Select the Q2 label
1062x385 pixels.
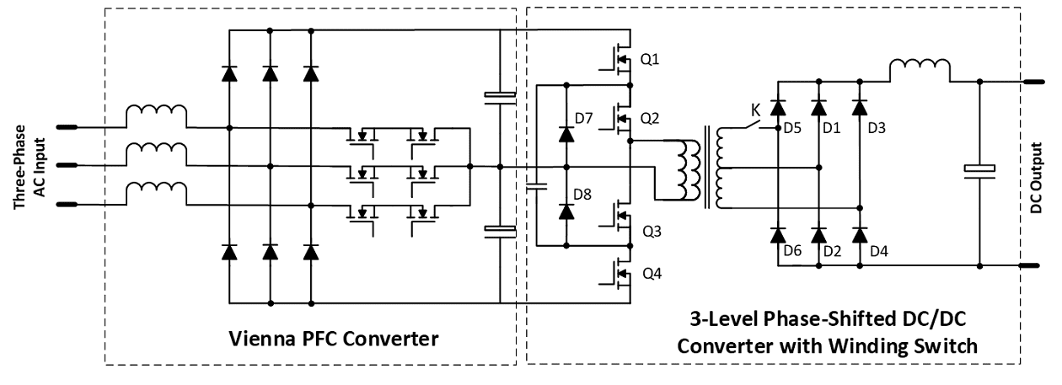(x=650, y=118)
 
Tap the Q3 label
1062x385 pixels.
(x=650, y=230)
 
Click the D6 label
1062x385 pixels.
(x=791, y=251)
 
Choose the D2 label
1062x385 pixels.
(x=832, y=251)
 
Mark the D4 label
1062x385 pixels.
(x=876, y=251)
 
